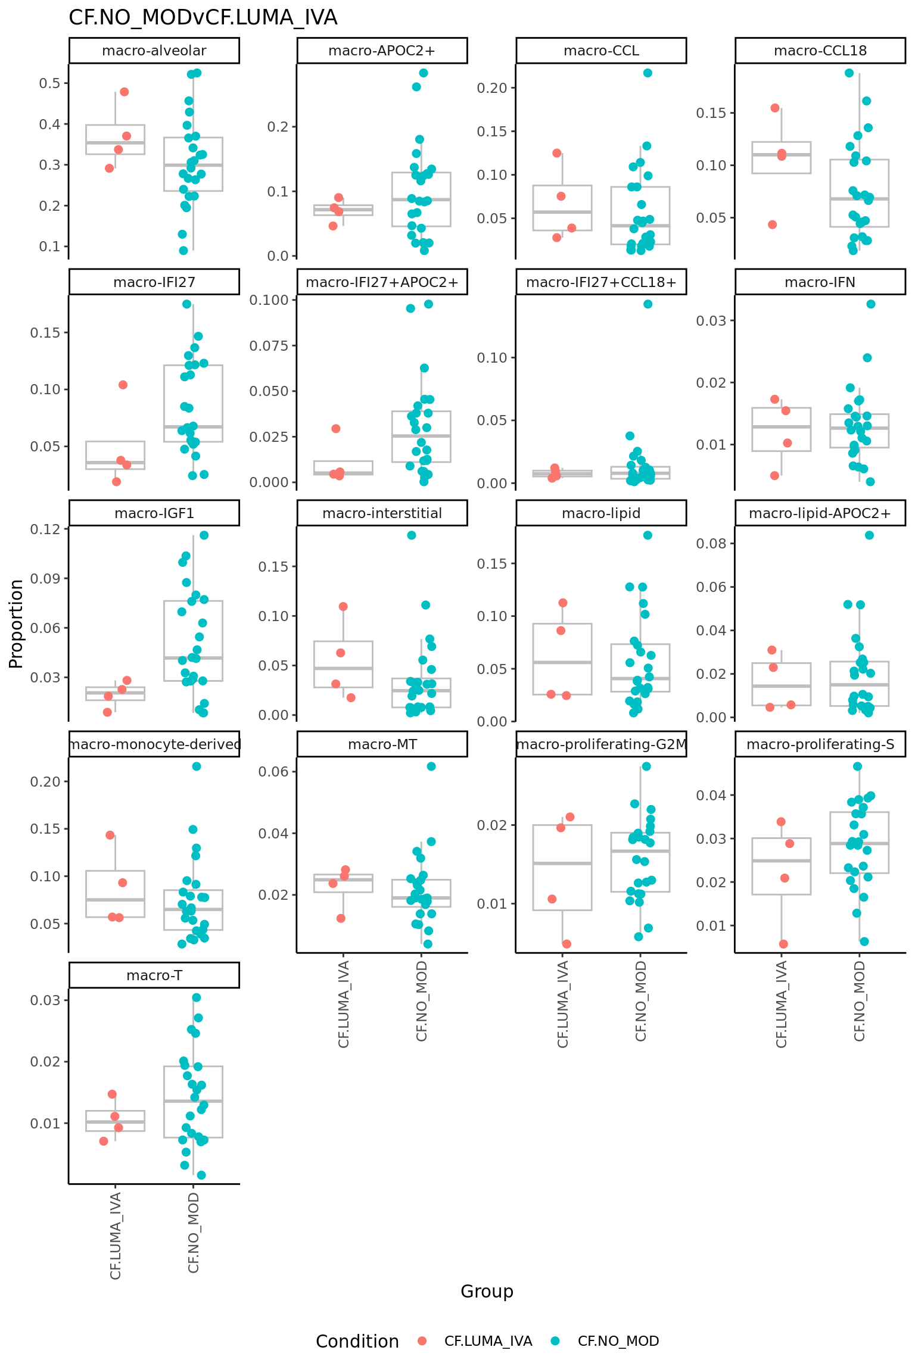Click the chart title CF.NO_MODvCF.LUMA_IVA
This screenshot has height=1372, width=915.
pos(203,18)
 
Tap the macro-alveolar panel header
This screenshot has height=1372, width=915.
pos(154,51)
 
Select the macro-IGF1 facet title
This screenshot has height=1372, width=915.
pos(154,513)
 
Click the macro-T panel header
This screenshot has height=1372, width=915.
pos(154,975)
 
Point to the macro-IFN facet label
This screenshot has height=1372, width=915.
pos(820,282)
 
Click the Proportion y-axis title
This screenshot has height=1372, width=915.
pos(16,623)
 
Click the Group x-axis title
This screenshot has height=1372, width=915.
pos(487,1291)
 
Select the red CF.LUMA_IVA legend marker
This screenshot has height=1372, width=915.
pos(422,1341)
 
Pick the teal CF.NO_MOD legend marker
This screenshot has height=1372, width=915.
pos(555,1341)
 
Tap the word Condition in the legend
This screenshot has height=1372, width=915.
pos(357,1341)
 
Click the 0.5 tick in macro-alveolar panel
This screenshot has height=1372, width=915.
pos(50,83)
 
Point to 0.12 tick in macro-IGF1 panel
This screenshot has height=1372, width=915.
pos(45,529)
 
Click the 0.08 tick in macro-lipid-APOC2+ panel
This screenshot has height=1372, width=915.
pos(711,543)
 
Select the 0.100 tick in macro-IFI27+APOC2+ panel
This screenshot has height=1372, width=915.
pos(269,300)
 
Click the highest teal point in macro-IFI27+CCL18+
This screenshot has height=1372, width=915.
pos(648,304)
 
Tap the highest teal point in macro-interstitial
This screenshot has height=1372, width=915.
pos(412,535)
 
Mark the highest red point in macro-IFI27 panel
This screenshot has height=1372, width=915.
pos(123,385)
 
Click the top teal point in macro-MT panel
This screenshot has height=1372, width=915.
pos(431,766)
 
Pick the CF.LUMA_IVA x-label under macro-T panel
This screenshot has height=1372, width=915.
pos(116,1236)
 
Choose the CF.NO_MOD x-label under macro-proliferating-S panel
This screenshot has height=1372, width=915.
pos(860,1001)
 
